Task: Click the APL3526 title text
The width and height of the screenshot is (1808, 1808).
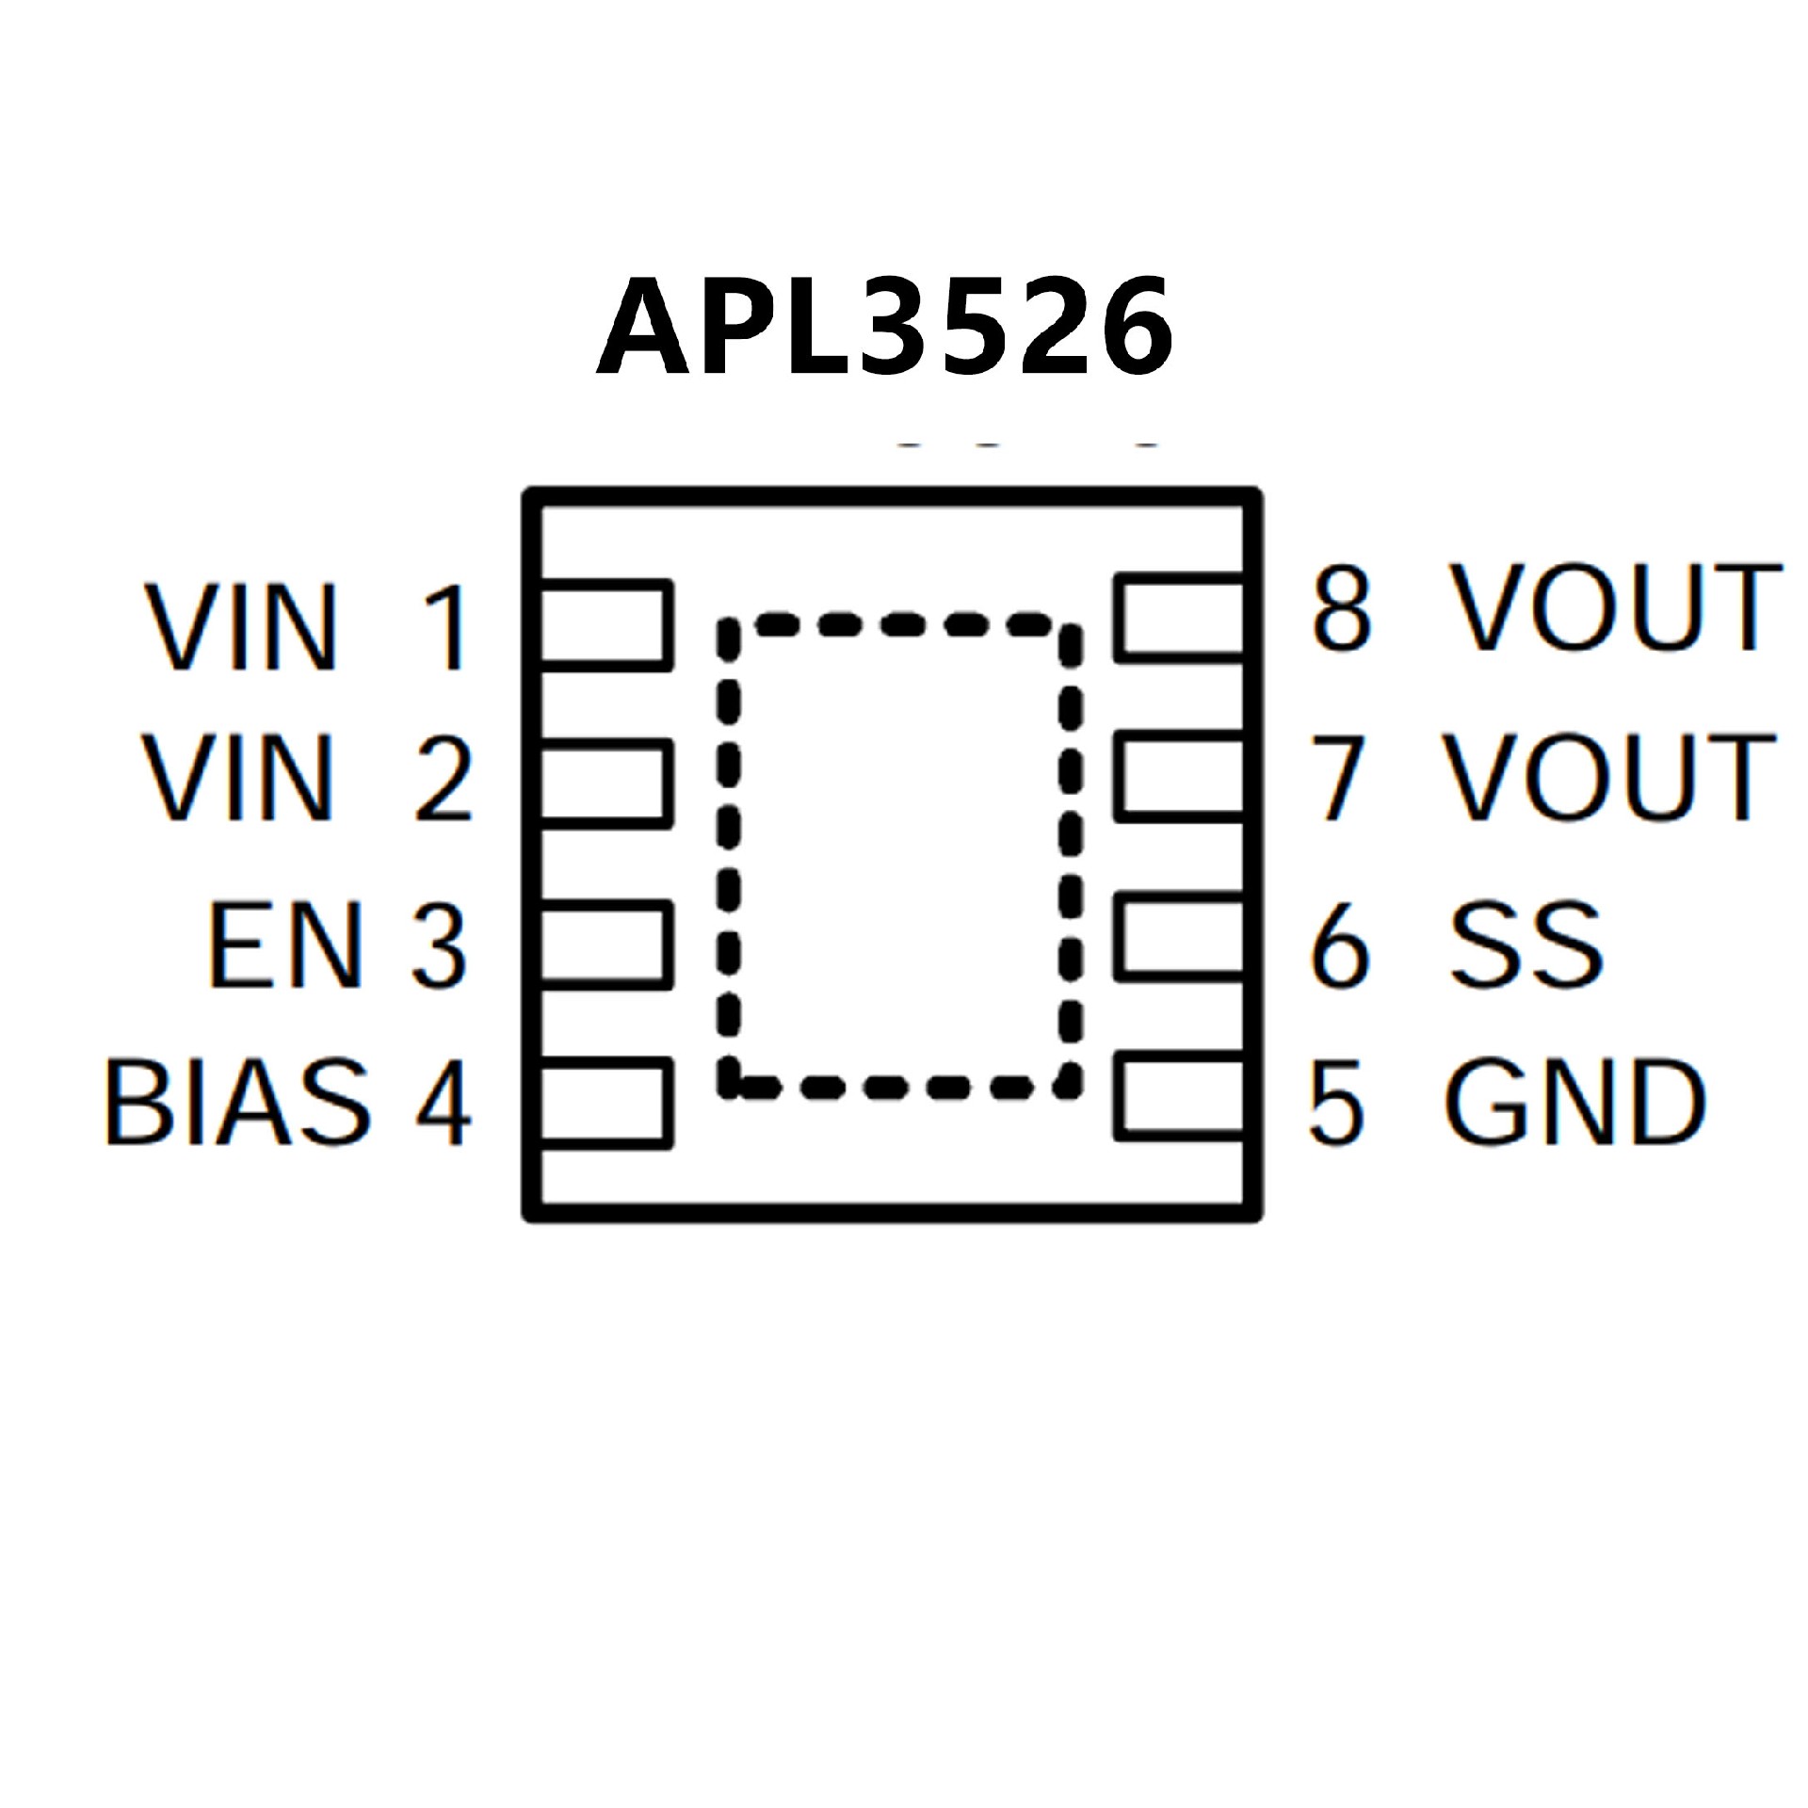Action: click(885, 327)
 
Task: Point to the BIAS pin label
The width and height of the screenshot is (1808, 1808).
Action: click(237, 1102)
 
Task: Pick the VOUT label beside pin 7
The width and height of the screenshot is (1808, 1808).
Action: click(1610, 777)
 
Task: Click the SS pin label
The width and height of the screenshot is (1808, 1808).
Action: click(1525, 944)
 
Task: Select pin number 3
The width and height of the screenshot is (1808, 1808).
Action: click(439, 945)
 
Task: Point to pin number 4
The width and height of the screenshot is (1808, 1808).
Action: click(444, 1103)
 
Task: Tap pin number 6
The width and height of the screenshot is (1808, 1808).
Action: click(1338, 944)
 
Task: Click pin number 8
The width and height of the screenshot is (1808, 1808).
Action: click(1341, 608)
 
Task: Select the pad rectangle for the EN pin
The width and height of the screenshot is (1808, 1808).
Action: click(605, 944)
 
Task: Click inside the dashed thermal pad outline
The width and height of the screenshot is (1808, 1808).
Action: click(899, 857)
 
